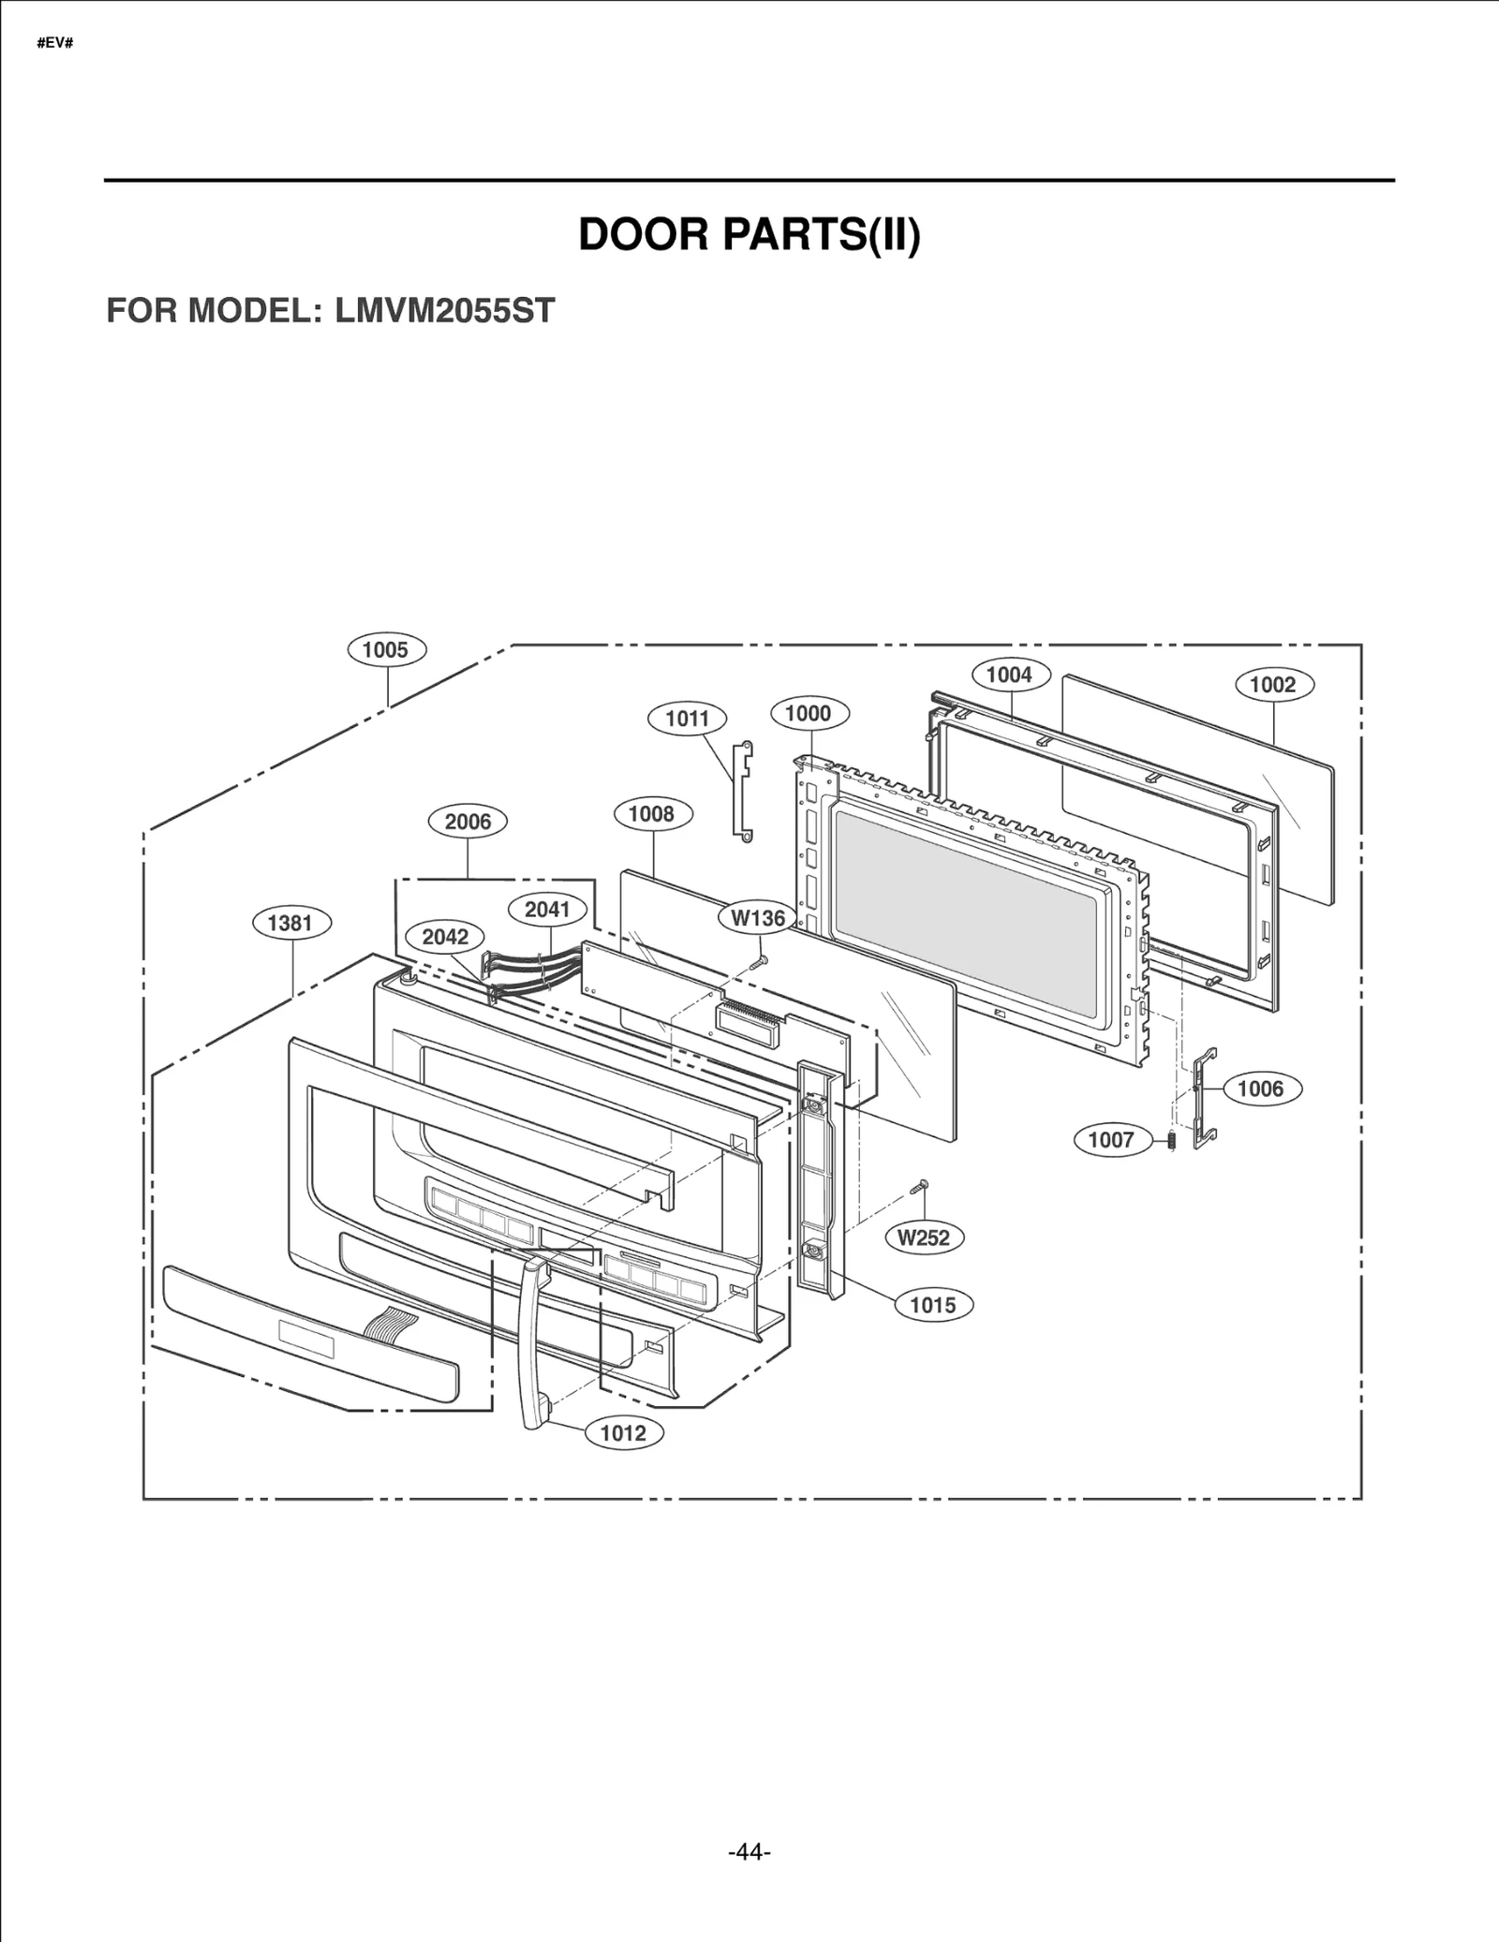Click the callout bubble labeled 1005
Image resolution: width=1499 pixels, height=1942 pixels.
tap(386, 649)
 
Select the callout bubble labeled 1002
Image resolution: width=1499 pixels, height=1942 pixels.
tap(1272, 684)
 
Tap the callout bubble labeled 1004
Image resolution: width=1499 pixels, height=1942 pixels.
tap(1009, 675)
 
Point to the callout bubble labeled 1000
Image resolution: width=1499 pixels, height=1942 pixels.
tap(808, 713)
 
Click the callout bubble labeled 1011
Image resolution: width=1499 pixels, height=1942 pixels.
tap(687, 719)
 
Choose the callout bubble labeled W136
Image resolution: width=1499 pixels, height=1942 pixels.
tap(758, 918)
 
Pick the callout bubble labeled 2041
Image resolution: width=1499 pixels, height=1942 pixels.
tap(547, 909)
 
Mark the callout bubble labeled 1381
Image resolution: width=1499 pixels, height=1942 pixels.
tap(289, 923)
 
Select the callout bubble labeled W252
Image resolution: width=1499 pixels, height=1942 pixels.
tap(924, 1238)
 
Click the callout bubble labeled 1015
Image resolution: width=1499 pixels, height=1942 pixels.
tap(933, 1305)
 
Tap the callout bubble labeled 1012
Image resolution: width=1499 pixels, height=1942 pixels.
tap(623, 1432)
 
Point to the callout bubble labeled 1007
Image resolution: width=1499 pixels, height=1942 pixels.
tap(1111, 1140)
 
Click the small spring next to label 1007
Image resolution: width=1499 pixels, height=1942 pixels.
tap(1171, 1141)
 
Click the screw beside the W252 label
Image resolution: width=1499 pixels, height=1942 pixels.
tap(919, 1188)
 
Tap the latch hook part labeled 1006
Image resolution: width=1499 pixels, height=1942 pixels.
tap(1205, 1098)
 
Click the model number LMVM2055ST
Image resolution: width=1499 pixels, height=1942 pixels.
tap(444, 310)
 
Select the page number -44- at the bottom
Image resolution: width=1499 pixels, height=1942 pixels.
tap(749, 1851)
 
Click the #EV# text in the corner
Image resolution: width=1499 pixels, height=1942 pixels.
tap(54, 44)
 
